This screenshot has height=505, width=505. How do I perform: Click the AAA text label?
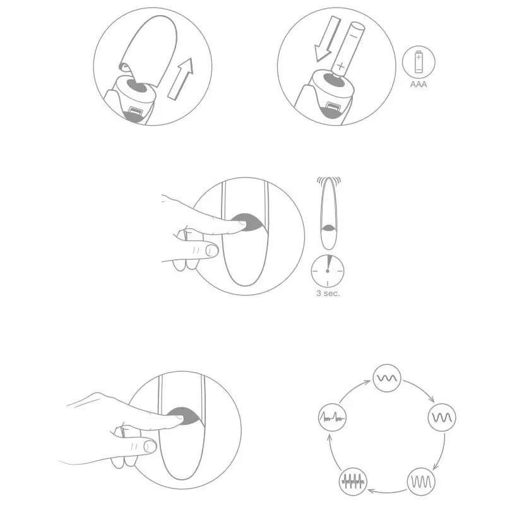pos(419,85)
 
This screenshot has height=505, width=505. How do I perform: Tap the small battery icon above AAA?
pos(419,61)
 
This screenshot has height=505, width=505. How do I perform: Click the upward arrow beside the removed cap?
pos(180,79)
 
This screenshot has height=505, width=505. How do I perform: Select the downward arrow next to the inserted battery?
pos(327,39)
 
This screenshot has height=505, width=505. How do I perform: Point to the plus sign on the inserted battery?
pos(340,67)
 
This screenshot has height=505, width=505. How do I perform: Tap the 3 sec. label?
pos(328,294)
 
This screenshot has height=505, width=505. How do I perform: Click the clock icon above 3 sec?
pos(328,271)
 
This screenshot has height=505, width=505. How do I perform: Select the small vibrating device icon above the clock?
pos(328,213)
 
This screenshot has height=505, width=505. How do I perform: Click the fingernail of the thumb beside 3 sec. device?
pos(211,251)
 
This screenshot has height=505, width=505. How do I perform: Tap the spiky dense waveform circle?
pos(353,482)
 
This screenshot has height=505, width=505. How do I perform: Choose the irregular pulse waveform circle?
pos(332,417)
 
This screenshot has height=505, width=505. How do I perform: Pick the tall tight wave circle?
pos(421,482)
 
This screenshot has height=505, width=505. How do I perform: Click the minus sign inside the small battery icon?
pos(419,69)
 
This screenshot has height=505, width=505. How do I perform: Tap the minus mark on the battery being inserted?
pos(355,33)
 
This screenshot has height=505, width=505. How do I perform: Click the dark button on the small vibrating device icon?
pos(328,228)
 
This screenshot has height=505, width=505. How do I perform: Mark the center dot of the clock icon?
pos(328,271)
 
